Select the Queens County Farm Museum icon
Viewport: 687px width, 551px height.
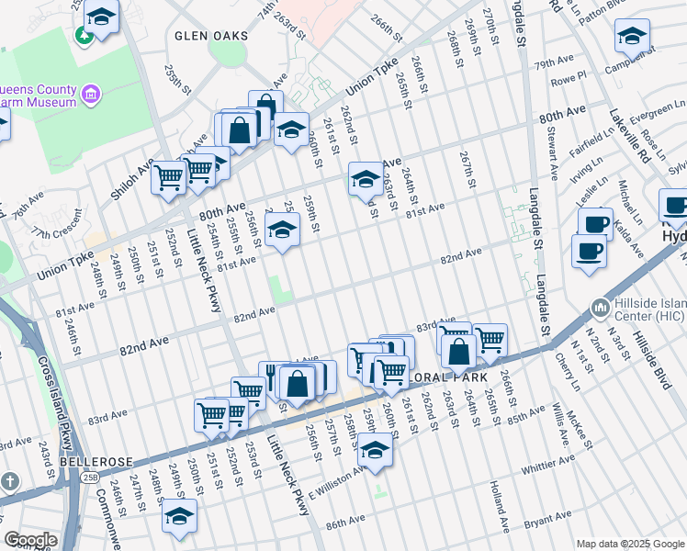coord(91,94)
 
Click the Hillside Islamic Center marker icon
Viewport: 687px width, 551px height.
coord(600,306)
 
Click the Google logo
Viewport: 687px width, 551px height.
coord(30,540)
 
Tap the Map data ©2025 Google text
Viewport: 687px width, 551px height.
coord(630,543)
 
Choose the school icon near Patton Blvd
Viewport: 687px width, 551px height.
coord(632,37)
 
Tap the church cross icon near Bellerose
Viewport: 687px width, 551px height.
coord(10,482)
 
